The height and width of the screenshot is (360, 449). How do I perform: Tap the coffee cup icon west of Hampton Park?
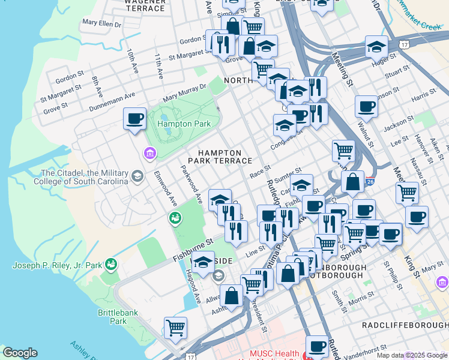coord(134,118)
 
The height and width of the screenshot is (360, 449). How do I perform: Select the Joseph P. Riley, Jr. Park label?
coord(58,265)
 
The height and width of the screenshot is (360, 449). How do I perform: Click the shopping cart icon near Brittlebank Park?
coord(175,328)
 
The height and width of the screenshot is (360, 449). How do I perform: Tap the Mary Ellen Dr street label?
coord(101,23)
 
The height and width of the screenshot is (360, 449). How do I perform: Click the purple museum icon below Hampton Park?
coord(149,155)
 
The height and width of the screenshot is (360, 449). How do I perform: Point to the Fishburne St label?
coord(193,250)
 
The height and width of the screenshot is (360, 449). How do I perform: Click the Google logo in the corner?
coord(20,353)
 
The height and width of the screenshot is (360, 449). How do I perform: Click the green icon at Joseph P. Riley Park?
coord(110,263)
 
